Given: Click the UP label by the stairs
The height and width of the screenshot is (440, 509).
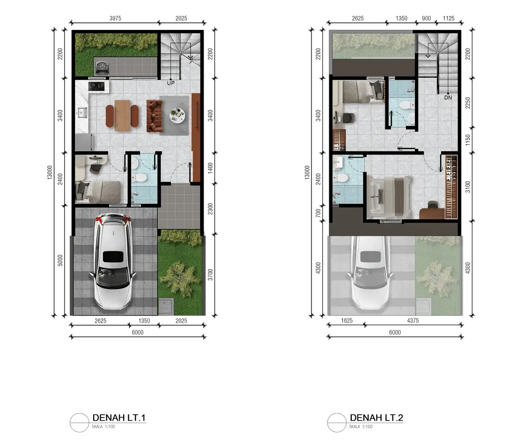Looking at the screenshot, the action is (171, 83).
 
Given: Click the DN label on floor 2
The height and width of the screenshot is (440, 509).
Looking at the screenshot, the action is (448, 98).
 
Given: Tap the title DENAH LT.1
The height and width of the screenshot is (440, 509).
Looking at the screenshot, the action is (119, 418).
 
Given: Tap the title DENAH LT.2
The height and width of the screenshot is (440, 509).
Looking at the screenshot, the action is (376, 418).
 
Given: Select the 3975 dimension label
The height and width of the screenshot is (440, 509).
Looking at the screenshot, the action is (115, 18).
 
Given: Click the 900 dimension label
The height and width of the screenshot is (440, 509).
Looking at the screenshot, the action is (426, 18).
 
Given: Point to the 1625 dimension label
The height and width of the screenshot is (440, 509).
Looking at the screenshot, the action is (347, 321).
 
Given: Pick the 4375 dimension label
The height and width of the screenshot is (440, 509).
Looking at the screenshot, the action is (413, 321).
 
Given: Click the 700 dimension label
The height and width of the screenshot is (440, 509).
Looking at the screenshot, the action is (318, 213).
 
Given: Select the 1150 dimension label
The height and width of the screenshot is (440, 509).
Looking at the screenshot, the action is (467, 140).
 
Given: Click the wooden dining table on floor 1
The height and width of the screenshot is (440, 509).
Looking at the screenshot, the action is (122, 116).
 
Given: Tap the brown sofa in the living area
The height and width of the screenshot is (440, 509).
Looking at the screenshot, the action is (155, 116).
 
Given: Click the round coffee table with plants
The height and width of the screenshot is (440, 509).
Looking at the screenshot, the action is (177, 115).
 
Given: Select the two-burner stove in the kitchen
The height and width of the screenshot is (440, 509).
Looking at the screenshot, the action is (97, 86).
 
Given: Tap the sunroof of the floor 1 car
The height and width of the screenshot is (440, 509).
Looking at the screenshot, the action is (113, 257).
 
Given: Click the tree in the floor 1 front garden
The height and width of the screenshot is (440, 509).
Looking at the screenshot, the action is (180, 278).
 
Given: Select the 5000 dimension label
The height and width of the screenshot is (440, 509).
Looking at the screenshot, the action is (60, 260).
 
